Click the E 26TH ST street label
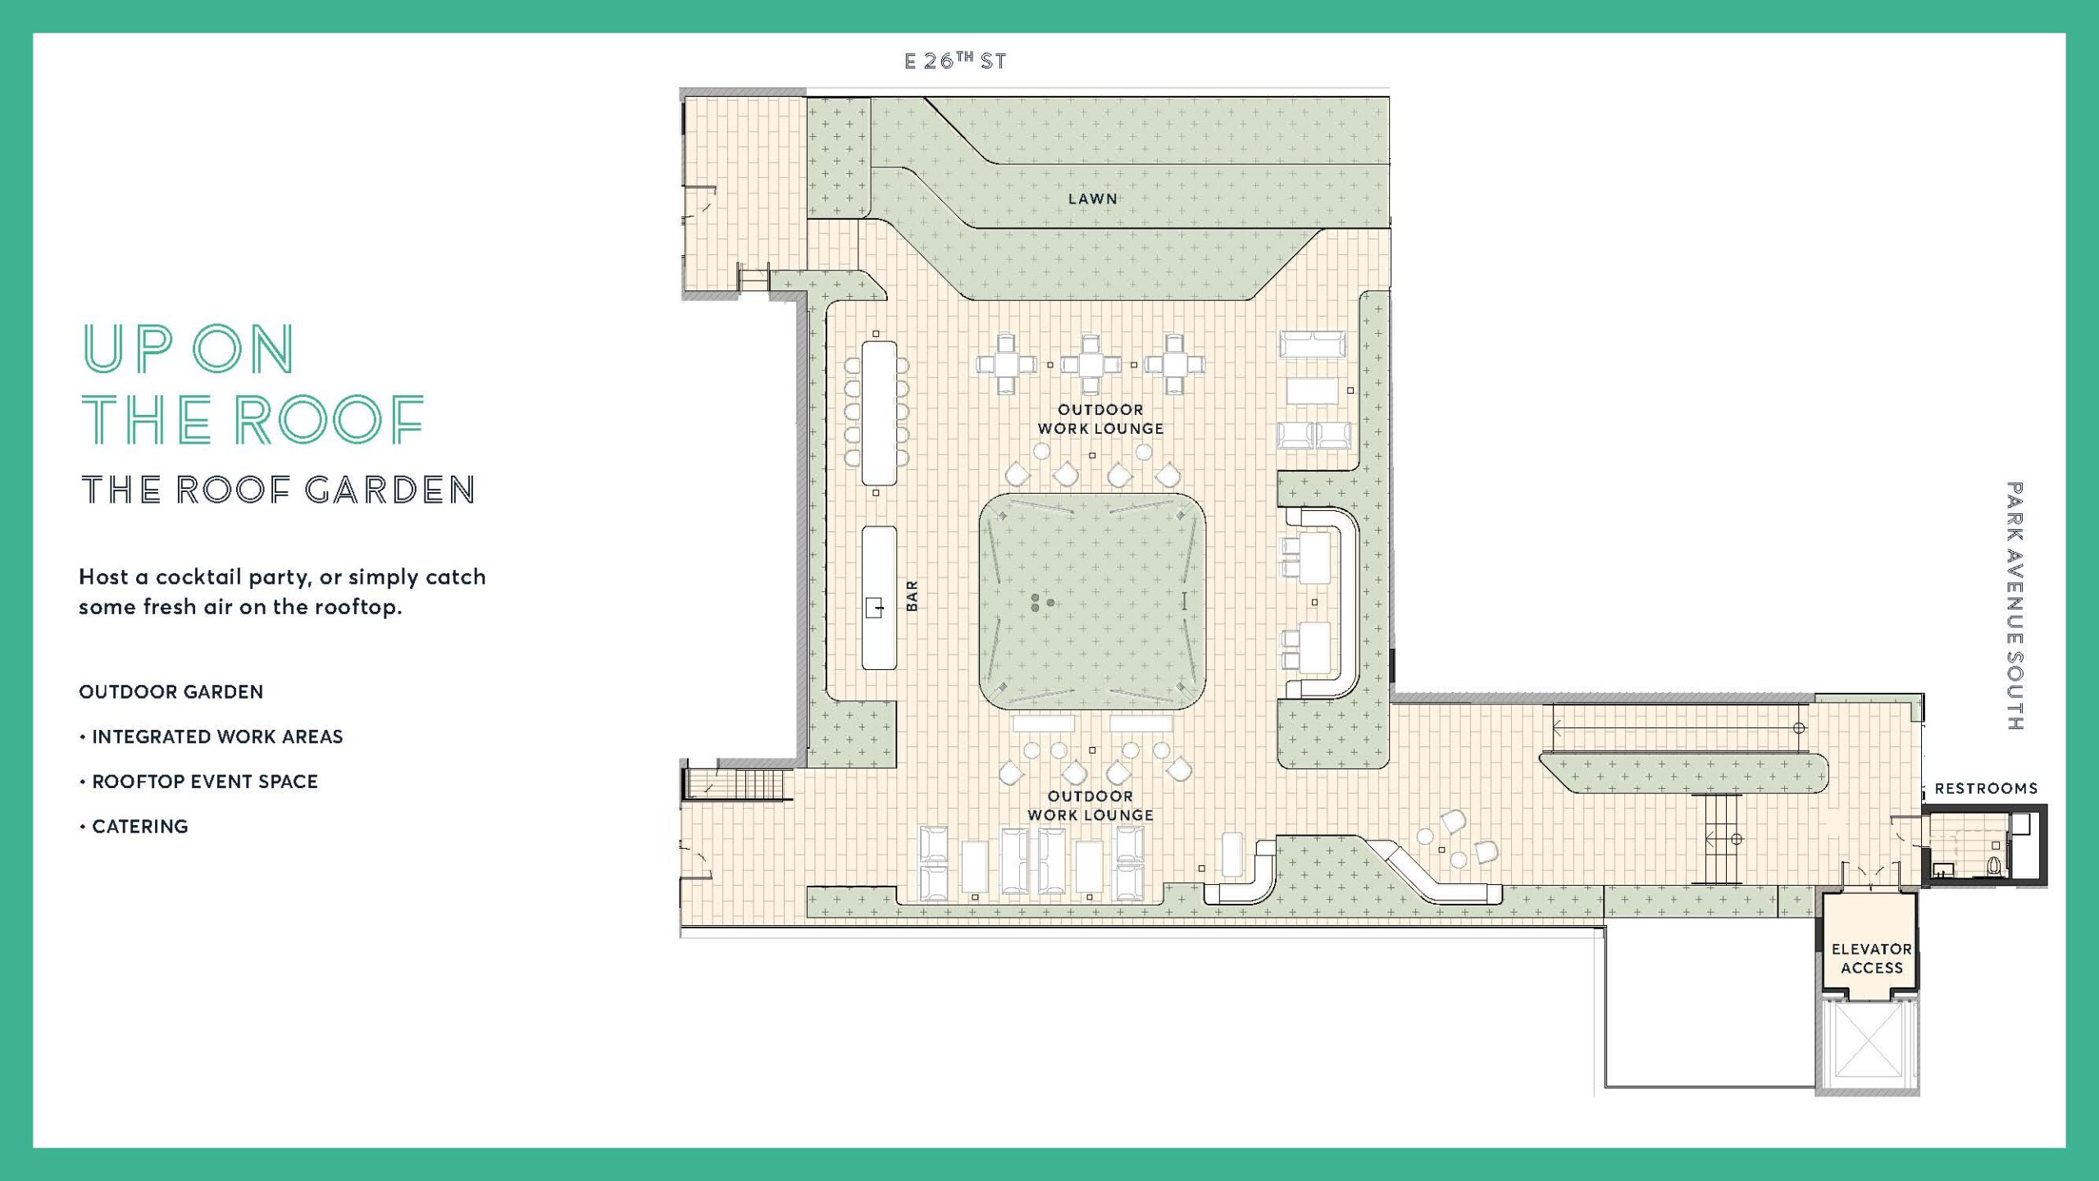[x=955, y=61]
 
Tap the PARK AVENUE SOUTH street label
[x=2015, y=606]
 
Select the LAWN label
[x=1092, y=198]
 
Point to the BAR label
[x=912, y=595]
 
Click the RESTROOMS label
[x=1986, y=788]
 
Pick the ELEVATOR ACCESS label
[x=1872, y=958]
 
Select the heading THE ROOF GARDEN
[x=278, y=490]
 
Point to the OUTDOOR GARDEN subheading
[x=171, y=691]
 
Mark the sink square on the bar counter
[x=874, y=608]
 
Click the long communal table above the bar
[x=879, y=413]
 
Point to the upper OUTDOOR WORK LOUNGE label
[x=1100, y=419]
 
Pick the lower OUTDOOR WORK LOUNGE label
[x=1090, y=805]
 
